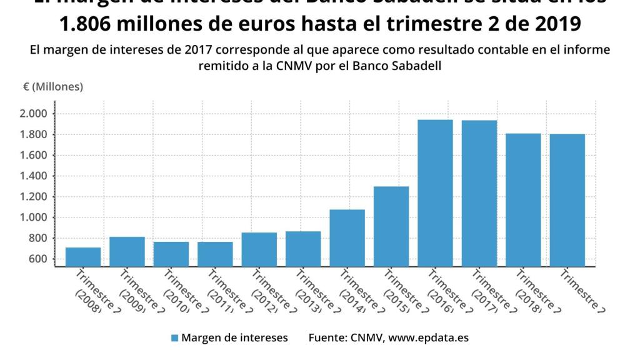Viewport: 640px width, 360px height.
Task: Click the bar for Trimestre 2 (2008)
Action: point(83,257)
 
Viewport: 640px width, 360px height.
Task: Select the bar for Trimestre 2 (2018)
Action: point(524,200)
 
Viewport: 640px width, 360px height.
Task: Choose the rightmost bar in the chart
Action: point(567,200)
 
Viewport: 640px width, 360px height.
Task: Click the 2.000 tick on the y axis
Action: point(34,114)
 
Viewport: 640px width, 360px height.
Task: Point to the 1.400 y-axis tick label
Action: point(34,176)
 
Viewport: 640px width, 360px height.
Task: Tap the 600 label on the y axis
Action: point(38,259)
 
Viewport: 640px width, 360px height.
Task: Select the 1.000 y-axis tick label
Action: point(34,217)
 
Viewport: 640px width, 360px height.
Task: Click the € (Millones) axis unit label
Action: point(53,87)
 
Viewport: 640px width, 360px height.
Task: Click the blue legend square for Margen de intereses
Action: point(174,338)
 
